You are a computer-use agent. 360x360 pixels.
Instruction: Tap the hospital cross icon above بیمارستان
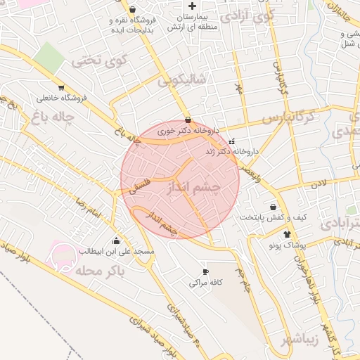191,6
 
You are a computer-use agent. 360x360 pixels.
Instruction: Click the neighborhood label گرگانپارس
288,117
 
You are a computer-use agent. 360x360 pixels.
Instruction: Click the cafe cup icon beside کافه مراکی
205,271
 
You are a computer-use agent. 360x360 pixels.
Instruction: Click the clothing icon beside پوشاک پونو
286,234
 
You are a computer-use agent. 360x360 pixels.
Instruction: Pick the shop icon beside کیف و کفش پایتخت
274,206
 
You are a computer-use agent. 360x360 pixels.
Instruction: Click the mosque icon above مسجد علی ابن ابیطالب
116,240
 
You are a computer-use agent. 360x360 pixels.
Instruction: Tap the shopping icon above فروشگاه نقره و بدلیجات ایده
134,10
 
